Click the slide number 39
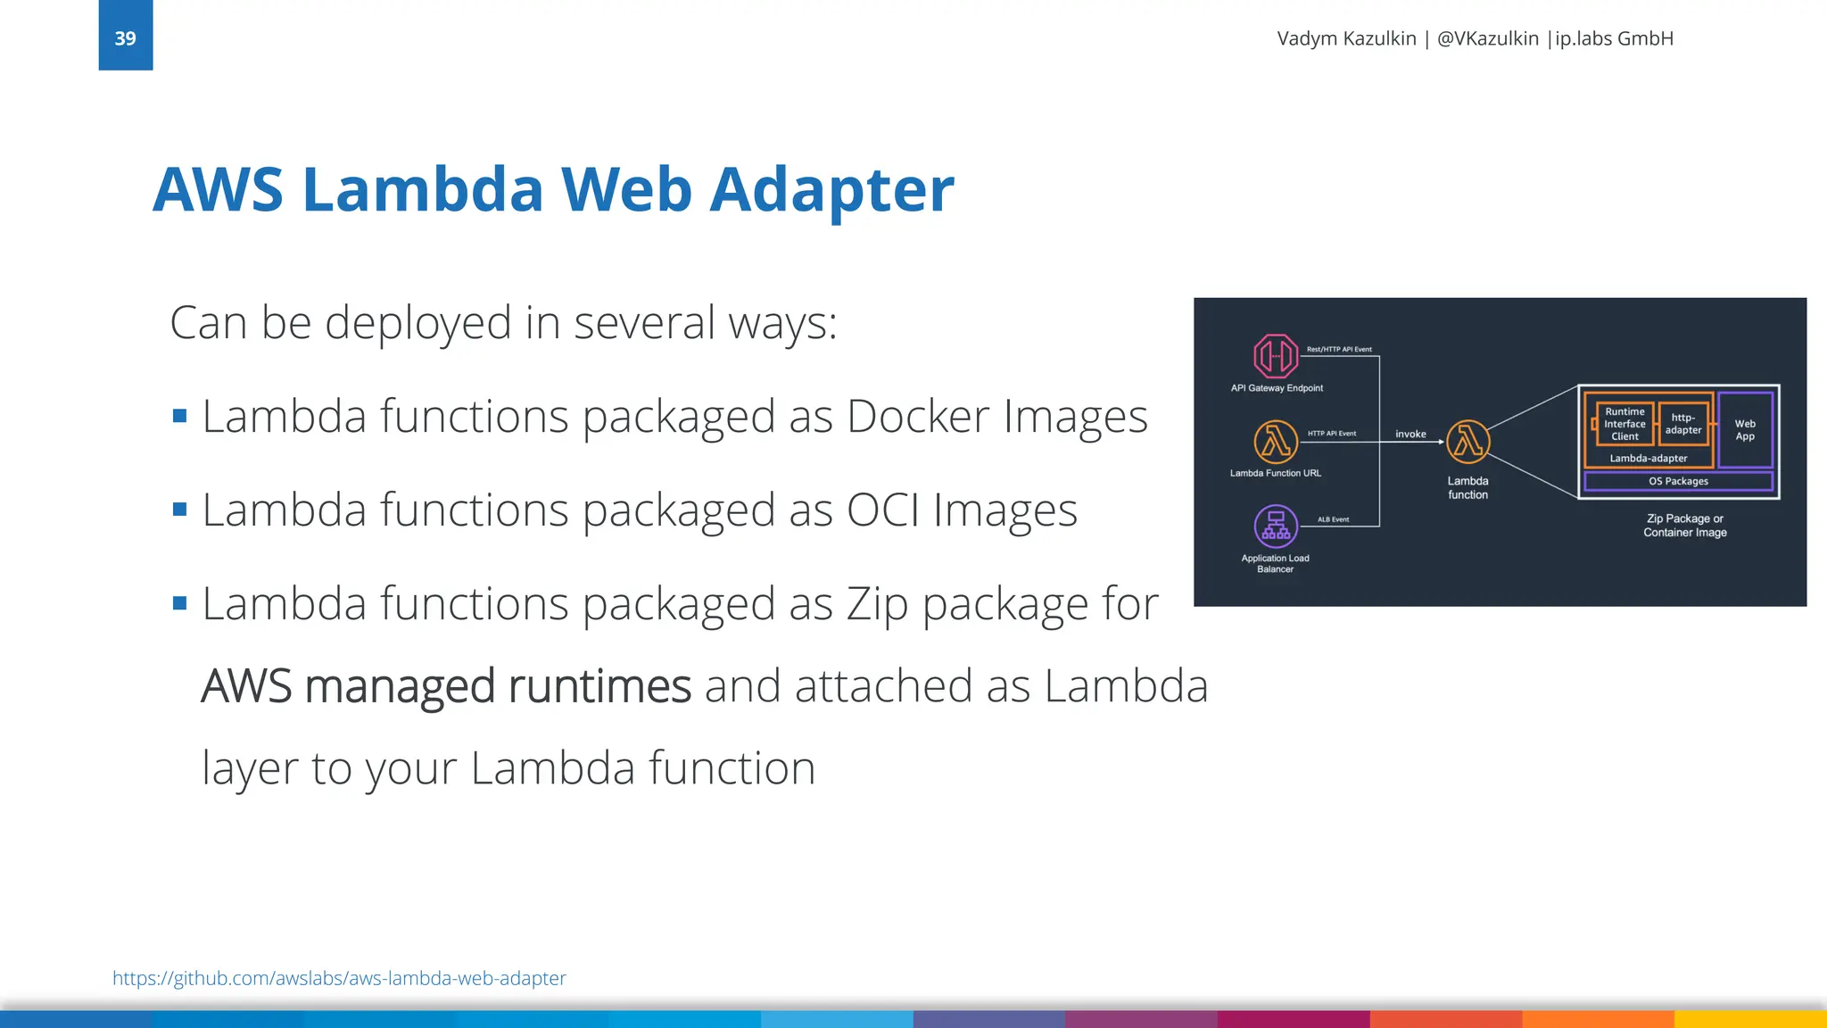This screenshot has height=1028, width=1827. pyautogui.click(x=125, y=38)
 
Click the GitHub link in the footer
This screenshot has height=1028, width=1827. pyautogui.click(x=339, y=978)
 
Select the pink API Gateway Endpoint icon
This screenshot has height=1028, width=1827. pyautogui.click(x=1276, y=356)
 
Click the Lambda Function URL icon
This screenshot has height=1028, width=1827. pyautogui.click(x=1276, y=442)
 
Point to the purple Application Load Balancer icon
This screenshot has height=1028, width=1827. pyautogui.click(x=1276, y=526)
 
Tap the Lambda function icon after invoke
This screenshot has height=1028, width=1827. pyautogui.click(x=1467, y=442)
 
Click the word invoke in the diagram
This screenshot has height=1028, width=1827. pyautogui.click(x=1410, y=434)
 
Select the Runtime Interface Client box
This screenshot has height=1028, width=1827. pyautogui.click(x=1624, y=424)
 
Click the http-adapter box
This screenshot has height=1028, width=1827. pyautogui.click(x=1683, y=424)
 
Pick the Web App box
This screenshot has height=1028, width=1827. pyautogui.click(x=1745, y=430)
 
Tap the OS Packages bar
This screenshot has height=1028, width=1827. pyautogui.click(x=1678, y=481)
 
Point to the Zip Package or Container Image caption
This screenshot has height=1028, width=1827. pyautogui.click(x=1685, y=525)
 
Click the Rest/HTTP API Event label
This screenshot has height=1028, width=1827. pyautogui.click(x=1339, y=349)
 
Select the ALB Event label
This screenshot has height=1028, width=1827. pyautogui.click(x=1333, y=519)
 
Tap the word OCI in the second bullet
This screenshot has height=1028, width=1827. pyautogui.click(x=882, y=510)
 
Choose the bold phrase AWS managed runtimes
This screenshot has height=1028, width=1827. pyautogui.click(x=446, y=686)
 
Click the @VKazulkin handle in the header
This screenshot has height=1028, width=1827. pyautogui.click(x=1487, y=38)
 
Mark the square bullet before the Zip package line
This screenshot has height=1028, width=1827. pyautogui.click(x=180, y=603)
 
